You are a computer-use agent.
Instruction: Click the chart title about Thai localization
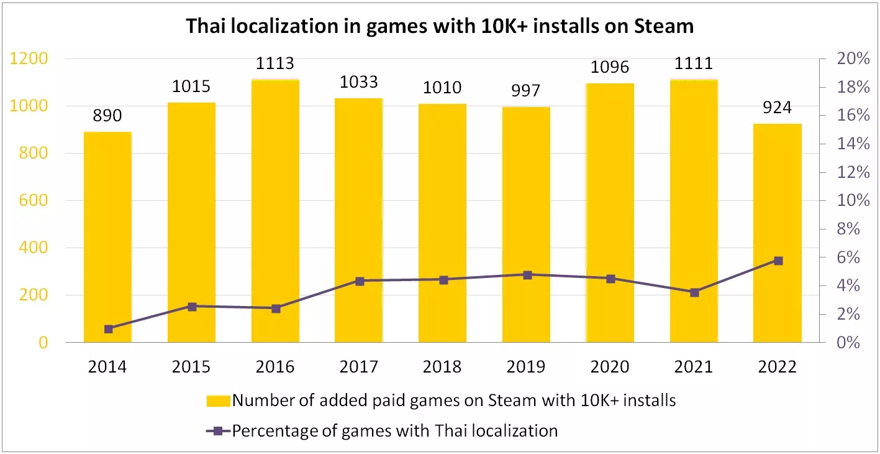coord(440,26)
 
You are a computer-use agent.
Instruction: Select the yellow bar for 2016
coord(275,211)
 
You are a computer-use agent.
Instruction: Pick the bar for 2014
coord(107,237)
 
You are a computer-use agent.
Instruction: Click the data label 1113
coord(275,63)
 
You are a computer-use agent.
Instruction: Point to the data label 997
coord(527,91)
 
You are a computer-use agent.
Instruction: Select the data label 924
coord(777,108)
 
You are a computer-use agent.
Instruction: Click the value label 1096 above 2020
coord(610,67)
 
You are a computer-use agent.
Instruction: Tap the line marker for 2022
coord(778,261)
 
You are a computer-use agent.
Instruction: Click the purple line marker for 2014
coord(108,329)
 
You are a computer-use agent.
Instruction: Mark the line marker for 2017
coord(359,281)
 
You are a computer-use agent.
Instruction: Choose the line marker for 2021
coord(694,292)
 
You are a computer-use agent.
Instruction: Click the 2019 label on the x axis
coord(526,367)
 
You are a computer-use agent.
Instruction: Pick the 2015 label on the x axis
coord(191,367)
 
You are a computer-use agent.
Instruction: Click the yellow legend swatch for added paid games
coord(218,401)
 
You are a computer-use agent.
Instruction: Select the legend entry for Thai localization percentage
coord(394,430)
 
